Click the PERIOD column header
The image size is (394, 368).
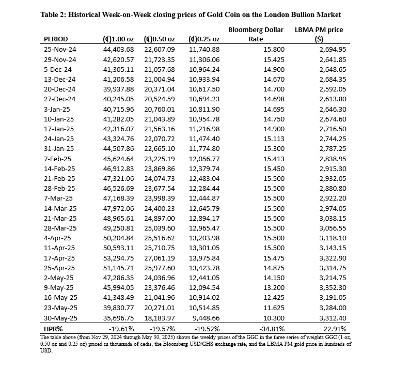pyautogui.click(x=56, y=39)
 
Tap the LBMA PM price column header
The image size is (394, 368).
pyautogui.click(x=319, y=34)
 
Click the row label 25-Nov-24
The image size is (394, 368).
pyautogui.click(x=60, y=49)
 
